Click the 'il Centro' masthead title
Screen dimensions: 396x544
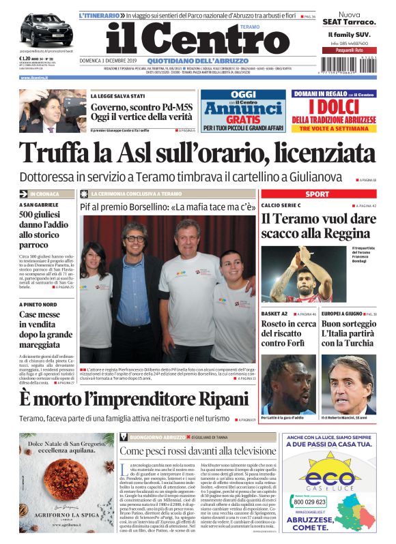click(x=198, y=38)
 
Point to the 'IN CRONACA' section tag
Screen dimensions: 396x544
click(x=45, y=194)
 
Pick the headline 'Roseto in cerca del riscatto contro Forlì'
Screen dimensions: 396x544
click(x=288, y=334)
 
